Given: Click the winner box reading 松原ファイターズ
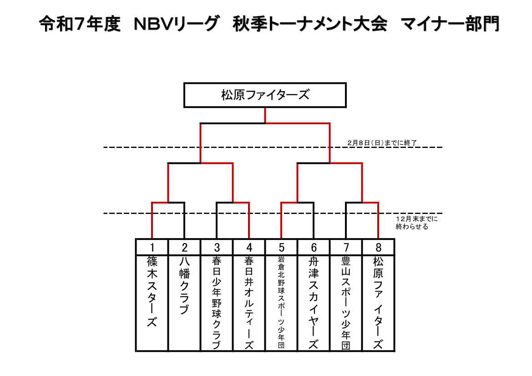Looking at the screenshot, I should tap(265, 95).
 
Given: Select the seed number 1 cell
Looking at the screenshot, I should tap(152, 248).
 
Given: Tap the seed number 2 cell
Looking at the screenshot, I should tap(184, 248).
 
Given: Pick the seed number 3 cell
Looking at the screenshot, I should tap(217, 248).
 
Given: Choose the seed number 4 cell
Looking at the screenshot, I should tap(249, 248).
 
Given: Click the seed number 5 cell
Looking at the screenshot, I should tap(281, 248).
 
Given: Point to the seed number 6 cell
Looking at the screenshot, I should tap(314, 248).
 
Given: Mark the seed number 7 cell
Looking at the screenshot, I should tap(346, 248).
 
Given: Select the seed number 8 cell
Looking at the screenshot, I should tap(378, 248).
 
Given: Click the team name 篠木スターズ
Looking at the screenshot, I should tap(152, 291).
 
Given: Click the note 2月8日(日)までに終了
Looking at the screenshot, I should tap(382, 143).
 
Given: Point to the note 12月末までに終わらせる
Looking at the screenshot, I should tap(416, 223).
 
